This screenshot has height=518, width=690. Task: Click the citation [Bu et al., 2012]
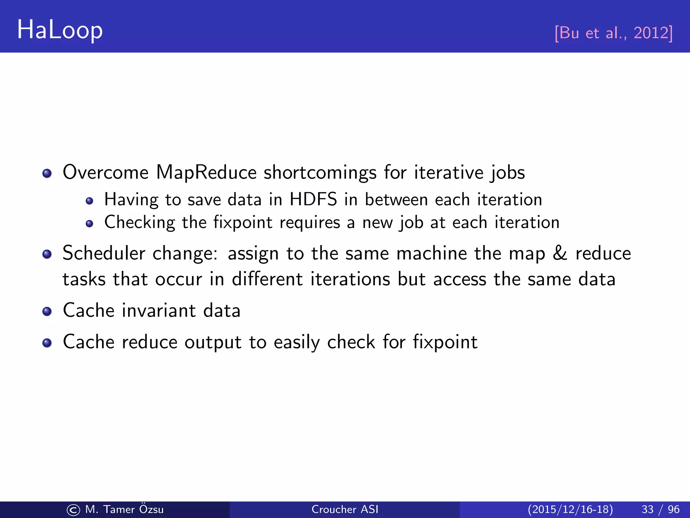614,33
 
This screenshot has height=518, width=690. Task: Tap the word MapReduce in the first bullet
206,173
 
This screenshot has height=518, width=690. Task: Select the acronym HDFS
313,199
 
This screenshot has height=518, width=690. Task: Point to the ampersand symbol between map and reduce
560,253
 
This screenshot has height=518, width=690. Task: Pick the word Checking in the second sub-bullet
139,223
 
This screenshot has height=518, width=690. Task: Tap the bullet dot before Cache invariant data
47,311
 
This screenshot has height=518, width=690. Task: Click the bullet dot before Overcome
47,173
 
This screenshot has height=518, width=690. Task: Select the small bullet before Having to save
89,201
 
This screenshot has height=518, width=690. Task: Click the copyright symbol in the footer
73,510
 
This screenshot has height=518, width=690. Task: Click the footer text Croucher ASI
345,509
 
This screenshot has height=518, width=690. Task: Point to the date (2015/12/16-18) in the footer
570,509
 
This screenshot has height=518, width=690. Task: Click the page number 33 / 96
660,509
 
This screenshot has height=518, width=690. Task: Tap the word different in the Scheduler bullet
267,279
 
